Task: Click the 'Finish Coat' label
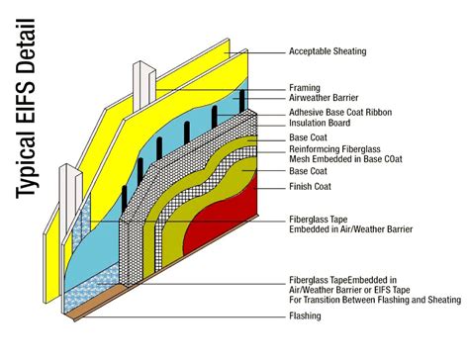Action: [x=311, y=186]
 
